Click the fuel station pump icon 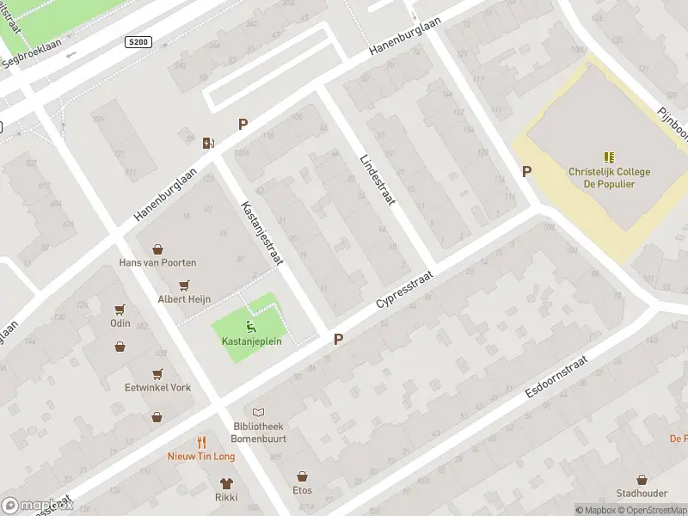click(207, 143)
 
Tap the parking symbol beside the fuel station click(243, 125)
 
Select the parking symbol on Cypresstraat click(339, 340)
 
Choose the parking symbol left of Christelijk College click(526, 172)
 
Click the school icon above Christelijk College click(609, 157)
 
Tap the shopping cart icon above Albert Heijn click(183, 286)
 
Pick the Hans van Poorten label click(157, 262)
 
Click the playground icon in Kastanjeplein click(249, 326)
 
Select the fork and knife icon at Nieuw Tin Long click(201, 442)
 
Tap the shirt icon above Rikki click(226, 483)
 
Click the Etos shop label click(302, 491)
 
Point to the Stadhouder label click(642, 494)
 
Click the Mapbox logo click(38, 505)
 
